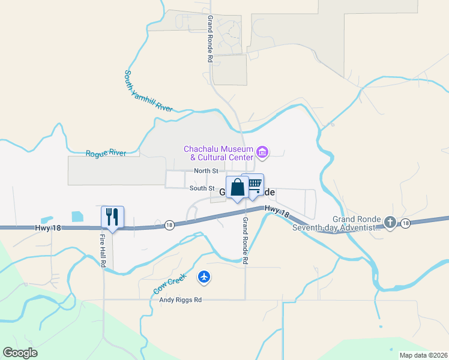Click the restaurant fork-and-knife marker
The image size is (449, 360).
(x=112, y=217)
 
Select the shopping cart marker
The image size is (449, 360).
(x=255, y=184)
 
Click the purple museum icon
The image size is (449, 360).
(x=262, y=152)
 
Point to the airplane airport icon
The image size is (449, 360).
(x=205, y=277)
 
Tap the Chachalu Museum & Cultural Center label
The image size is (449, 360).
(x=217, y=153)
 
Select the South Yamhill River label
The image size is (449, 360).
(x=148, y=92)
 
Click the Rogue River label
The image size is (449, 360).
(x=106, y=154)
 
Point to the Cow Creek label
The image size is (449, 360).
(x=170, y=284)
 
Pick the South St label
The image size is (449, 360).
(x=202, y=188)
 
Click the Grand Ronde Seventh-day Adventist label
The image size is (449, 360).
(x=336, y=223)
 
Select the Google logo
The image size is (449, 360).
(x=20, y=353)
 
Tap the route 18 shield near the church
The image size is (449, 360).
(x=406, y=223)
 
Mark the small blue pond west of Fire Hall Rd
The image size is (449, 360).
(x=78, y=216)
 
